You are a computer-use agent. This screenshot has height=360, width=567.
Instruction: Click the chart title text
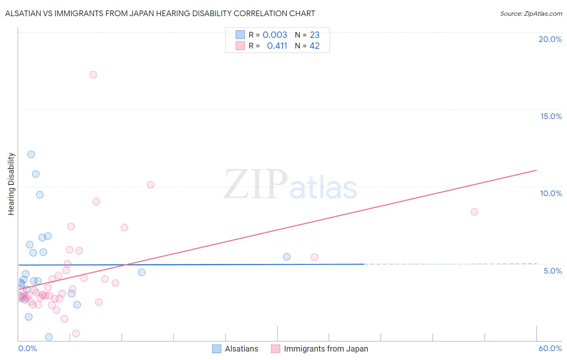coord(160,13)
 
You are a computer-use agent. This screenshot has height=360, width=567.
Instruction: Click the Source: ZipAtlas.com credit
coord(531,13)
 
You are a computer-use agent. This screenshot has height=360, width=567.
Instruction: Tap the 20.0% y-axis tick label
coord(550,39)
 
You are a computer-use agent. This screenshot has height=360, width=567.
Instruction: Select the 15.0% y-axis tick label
coord(551,116)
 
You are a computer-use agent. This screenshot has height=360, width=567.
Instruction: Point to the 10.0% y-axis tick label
coord(551,193)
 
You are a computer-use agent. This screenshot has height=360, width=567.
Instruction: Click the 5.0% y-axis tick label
coord(552,271)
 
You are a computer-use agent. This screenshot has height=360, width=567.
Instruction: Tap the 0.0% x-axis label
coord(27,348)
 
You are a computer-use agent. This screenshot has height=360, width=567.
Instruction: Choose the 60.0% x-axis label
coord(550,348)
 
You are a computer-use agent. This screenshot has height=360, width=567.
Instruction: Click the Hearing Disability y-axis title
coord(11,184)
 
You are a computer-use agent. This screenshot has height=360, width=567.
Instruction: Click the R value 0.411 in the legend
coord(277,46)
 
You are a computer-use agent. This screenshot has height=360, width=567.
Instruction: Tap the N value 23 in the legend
coord(315,35)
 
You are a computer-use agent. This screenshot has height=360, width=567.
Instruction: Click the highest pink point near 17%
coord(93,75)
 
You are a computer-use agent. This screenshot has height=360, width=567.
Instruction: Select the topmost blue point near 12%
coord(31,154)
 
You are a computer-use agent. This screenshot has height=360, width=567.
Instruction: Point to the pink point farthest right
coord(474,212)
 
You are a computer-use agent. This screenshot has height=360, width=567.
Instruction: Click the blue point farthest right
coord(287,257)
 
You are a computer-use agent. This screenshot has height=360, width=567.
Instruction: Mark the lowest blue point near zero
coord(49,337)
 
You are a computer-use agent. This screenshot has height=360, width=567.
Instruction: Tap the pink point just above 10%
coord(151,184)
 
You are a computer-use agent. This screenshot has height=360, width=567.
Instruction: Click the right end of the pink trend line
coord(536,170)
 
